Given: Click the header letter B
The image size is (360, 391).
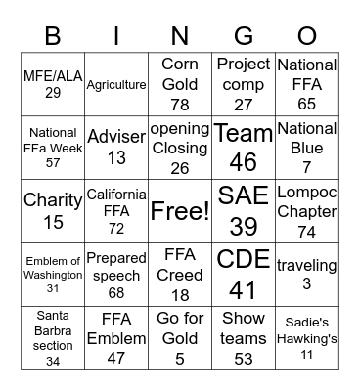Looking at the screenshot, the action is point(53,36).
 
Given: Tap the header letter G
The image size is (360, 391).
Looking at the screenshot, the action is point(244,36).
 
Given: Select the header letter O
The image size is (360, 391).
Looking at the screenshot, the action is point(307,36).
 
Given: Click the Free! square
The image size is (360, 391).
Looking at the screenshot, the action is point(180,211).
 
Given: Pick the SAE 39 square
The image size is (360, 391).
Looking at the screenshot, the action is point(244,211).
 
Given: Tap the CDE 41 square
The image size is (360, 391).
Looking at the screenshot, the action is point(244,275).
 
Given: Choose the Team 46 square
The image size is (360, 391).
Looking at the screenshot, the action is point(244,148).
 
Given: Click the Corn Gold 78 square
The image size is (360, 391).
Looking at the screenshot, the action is point(180,84).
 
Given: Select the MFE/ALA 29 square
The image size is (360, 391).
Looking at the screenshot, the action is point(53,84).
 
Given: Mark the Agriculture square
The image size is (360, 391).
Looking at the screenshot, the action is point(116,84).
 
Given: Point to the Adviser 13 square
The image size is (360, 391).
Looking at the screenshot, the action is point(116,148).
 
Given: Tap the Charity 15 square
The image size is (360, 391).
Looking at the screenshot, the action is point(53,211).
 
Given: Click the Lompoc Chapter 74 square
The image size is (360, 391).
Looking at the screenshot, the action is point(307,211).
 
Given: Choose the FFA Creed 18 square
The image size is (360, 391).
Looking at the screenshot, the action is point(180,275).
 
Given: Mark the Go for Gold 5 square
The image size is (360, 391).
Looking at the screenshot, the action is point(180,338).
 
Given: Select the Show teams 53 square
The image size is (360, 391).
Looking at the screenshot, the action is point(244,338).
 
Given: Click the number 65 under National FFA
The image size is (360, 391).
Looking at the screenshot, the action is point(307,103).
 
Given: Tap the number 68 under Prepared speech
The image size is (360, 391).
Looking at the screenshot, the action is point(116,292).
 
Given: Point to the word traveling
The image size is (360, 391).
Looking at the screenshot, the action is point(307,265).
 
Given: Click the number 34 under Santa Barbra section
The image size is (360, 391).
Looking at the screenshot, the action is point(53,362).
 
